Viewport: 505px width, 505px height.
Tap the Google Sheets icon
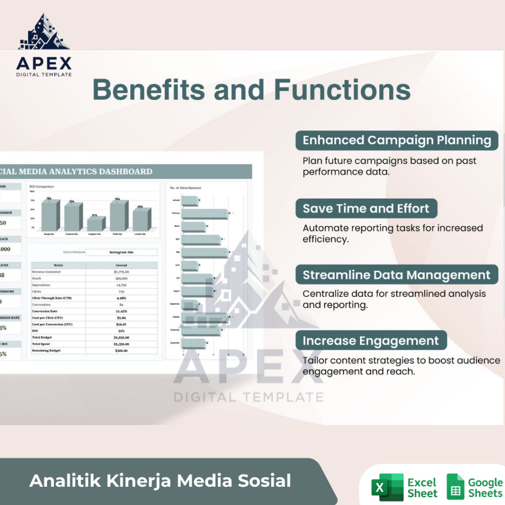click(x=455, y=487)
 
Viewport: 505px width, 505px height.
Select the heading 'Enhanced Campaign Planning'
click(x=397, y=140)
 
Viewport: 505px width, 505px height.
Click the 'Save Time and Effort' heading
click(x=366, y=208)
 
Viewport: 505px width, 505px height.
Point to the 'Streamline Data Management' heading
click(x=397, y=275)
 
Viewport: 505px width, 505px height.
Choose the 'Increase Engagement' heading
click(x=370, y=341)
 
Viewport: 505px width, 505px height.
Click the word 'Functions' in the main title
click(x=342, y=90)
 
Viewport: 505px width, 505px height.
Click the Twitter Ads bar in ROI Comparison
click(x=119, y=216)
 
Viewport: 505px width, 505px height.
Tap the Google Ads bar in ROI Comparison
click(x=50, y=215)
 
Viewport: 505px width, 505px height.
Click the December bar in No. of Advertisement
click(x=193, y=343)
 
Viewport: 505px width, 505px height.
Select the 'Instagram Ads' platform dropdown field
click(x=121, y=252)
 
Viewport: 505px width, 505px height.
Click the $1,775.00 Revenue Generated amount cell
click(x=121, y=272)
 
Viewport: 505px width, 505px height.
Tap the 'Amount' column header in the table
click(x=121, y=265)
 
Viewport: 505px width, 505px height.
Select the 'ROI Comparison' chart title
click(x=42, y=187)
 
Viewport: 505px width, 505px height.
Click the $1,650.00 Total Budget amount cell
click(x=121, y=337)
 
